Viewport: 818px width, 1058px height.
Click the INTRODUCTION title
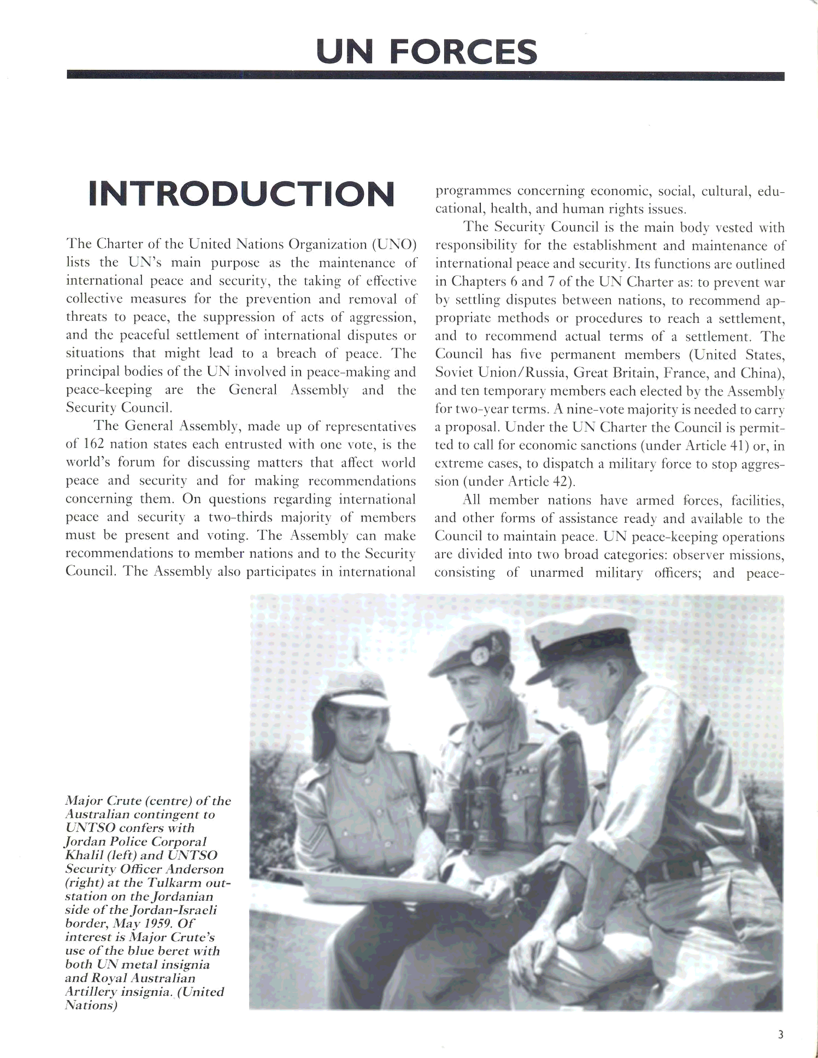[x=241, y=194]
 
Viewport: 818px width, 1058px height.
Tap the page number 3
[x=780, y=1035]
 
